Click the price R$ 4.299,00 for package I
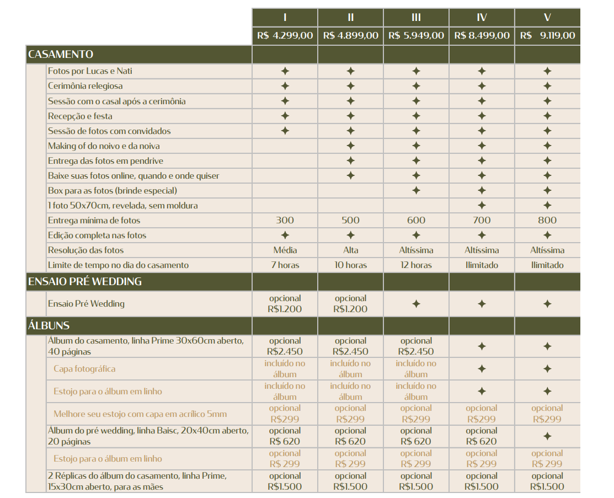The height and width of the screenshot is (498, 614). (285, 36)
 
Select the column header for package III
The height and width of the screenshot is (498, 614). (416, 18)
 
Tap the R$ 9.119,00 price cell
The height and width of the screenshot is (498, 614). (547, 36)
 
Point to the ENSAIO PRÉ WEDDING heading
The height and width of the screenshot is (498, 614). (85, 281)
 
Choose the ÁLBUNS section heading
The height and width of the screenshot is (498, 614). (49, 325)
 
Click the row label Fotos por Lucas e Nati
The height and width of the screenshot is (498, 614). (90, 71)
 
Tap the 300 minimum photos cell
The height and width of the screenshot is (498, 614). (285, 221)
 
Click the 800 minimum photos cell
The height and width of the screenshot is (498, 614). (547, 221)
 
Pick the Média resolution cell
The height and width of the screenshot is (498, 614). (285, 250)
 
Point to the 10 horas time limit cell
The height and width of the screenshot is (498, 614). (350, 265)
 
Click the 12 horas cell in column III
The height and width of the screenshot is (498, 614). (416, 265)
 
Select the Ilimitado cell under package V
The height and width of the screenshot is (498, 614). (547, 265)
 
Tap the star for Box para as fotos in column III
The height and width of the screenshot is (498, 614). (416, 191)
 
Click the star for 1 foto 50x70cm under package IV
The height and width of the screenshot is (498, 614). (482, 206)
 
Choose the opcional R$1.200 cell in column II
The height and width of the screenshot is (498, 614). (350, 304)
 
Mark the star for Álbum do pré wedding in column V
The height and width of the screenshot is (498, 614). (547, 436)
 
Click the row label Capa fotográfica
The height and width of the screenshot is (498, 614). (84, 369)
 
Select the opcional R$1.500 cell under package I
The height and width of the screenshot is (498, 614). (285, 481)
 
